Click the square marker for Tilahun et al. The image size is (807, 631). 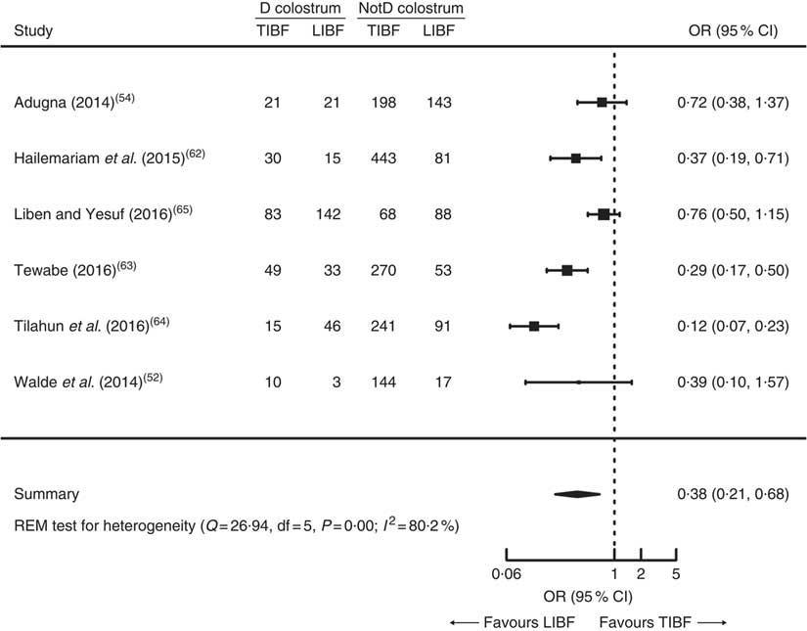click(534, 325)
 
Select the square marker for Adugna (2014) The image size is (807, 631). click(602, 102)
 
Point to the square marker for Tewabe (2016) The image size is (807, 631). click(566, 269)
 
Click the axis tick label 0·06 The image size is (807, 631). click(505, 574)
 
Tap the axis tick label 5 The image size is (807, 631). click(676, 574)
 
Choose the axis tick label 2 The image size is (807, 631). click(640, 574)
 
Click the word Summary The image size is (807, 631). click(47, 494)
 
